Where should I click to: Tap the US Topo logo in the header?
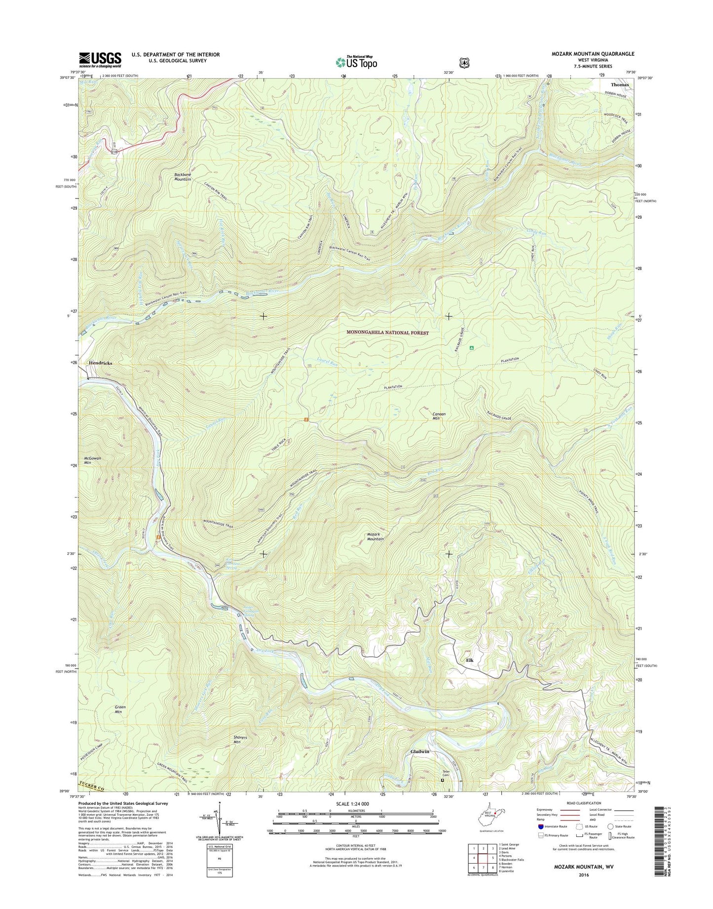point(356,62)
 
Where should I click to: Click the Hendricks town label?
point(100,363)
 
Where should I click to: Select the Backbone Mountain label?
point(186,177)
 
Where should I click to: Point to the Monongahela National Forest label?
point(387,333)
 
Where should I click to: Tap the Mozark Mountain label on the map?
point(375,536)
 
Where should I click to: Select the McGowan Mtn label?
point(92,460)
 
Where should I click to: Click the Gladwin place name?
point(420,752)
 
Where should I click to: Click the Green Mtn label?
point(120,709)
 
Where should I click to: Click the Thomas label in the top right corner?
point(620,85)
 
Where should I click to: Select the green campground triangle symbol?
point(472,348)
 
